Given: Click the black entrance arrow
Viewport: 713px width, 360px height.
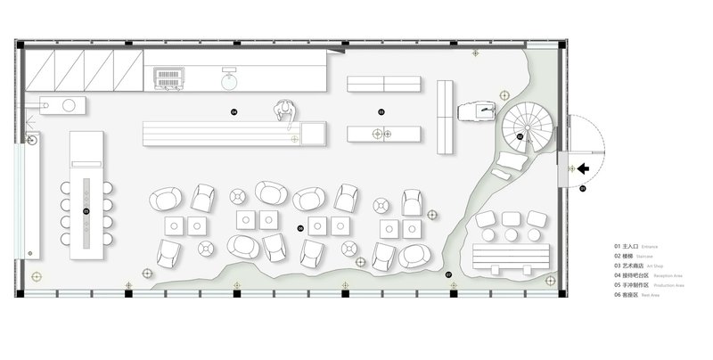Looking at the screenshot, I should [x=585, y=167].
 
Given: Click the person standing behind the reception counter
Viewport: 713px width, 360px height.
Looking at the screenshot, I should [x=284, y=110].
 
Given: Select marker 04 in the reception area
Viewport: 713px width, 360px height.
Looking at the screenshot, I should [x=234, y=112].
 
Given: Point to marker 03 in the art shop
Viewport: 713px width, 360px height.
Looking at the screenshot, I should [x=381, y=112].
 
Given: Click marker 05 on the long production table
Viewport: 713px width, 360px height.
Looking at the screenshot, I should [x=86, y=210].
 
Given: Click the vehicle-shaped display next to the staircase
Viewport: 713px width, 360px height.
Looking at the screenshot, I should [x=479, y=111].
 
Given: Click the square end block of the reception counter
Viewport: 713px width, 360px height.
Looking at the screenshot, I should [x=316, y=135].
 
